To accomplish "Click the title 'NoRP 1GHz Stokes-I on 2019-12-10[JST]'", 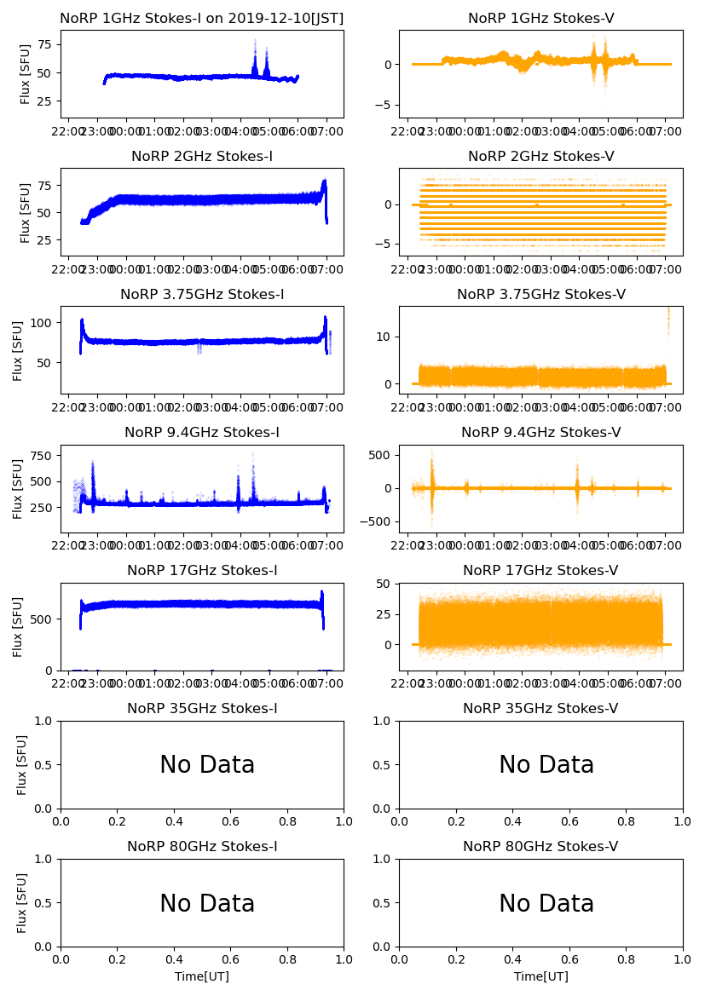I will coord(202,19).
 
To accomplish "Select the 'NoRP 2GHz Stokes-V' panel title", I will coord(540,157).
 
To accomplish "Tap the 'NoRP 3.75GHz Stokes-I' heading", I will coord(202,295).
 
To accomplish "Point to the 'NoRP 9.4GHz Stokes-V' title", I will coord(540,433).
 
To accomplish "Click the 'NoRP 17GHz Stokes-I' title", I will coord(202,571).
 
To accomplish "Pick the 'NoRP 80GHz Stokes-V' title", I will coord(540,847).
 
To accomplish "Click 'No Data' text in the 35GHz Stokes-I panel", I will coord(207,765).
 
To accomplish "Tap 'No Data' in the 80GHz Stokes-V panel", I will coord(546,903).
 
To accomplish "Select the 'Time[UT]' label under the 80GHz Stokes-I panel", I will coord(202,976).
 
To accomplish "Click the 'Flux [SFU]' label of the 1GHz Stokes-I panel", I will coord(26,74).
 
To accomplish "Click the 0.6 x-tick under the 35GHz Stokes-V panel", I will coord(569,823).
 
